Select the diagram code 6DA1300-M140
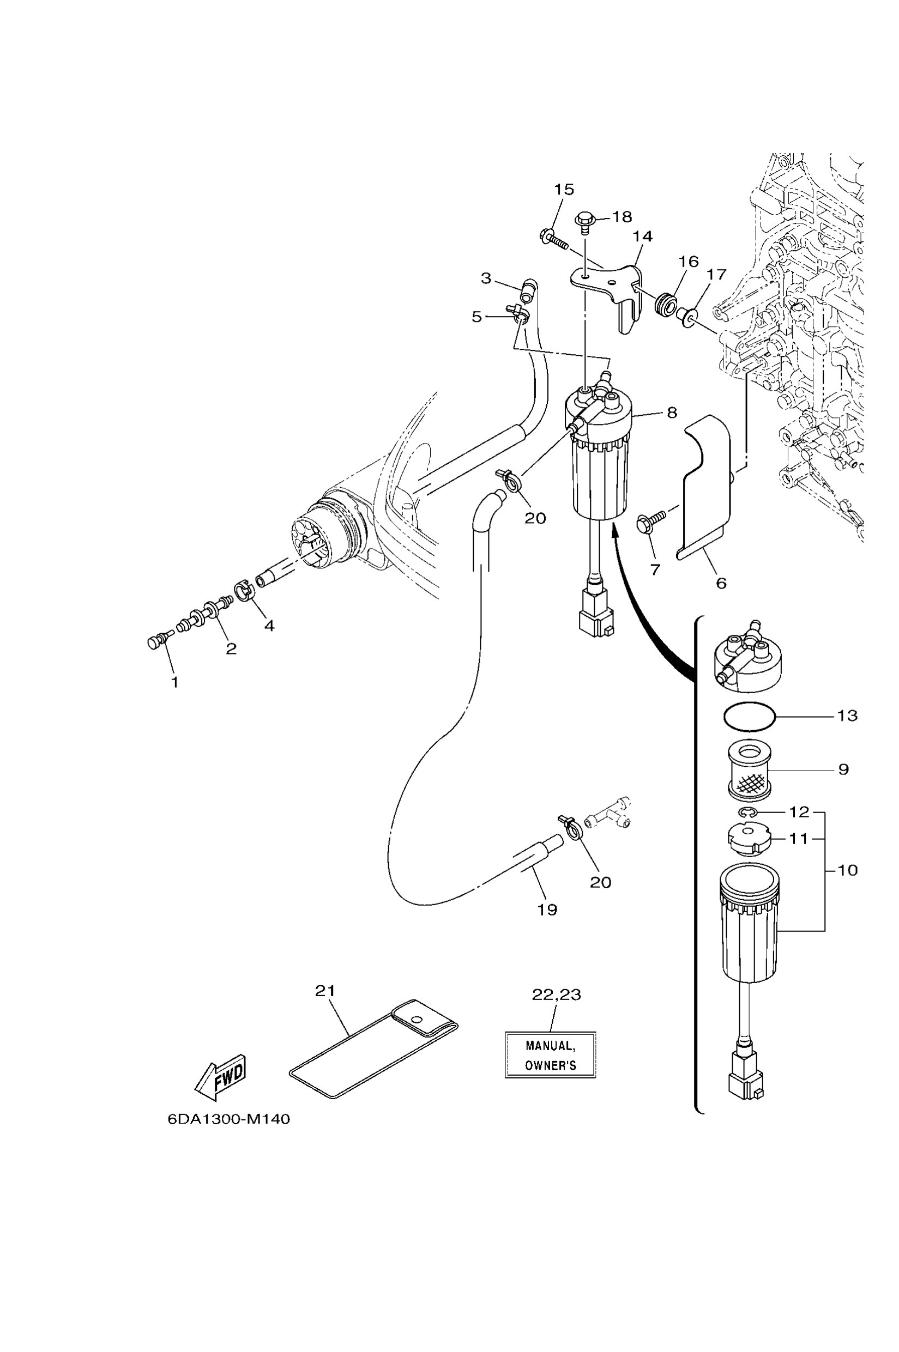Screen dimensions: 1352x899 click(229, 1119)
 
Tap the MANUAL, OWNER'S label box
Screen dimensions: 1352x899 click(551, 1055)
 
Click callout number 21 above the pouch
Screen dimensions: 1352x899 click(325, 991)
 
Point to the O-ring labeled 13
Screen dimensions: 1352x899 click(749, 717)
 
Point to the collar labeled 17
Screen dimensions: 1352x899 click(686, 316)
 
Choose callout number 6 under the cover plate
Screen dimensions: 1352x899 click(721, 583)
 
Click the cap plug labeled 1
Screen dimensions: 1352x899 click(154, 642)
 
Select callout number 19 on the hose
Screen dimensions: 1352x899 click(547, 909)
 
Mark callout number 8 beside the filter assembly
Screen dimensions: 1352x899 click(672, 412)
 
